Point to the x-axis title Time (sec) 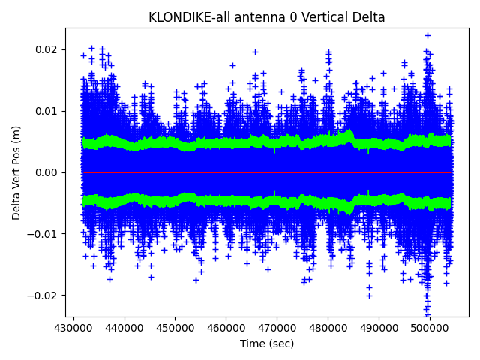tap(267, 343)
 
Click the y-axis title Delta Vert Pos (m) tap(16, 172)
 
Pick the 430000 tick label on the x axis tap(73, 328)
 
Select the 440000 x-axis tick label tap(124, 328)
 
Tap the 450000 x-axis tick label tap(175, 328)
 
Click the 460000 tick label tap(226, 328)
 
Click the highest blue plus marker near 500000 tap(427, 35)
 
